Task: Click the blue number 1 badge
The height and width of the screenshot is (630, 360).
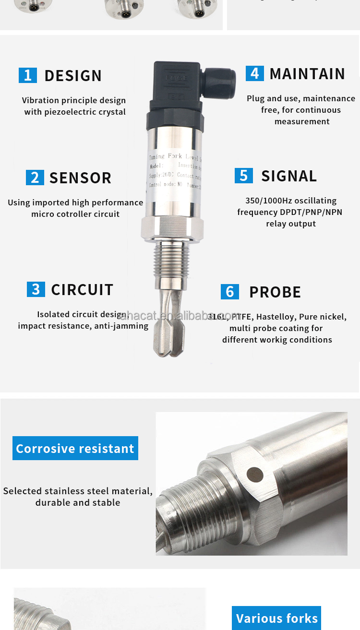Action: click(x=27, y=75)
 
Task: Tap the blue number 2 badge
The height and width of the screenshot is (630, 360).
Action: click(x=35, y=178)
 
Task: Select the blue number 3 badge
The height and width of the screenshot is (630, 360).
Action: click(x=36, y=289)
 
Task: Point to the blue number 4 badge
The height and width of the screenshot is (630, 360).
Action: click(x=255, y=73)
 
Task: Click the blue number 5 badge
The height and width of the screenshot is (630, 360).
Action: click(x=244, y=176)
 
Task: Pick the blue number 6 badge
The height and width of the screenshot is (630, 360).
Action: click(x=230, y=292)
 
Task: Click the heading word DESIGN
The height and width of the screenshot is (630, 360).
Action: click(x=73, y=76)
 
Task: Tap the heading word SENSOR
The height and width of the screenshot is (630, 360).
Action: click(x=80, y=178)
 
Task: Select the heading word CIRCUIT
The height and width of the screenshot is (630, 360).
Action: click(x=82, y=290)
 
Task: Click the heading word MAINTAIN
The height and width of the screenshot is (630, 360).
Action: click(x=307, y=74)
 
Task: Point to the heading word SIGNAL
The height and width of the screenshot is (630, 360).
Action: click(x=289, y=176)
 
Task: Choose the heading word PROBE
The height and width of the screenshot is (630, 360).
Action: click(x=275, y=292)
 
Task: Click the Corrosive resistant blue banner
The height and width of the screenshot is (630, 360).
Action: click(x=75, y=448)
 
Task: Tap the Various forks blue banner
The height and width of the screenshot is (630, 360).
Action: click(x=277, y=618)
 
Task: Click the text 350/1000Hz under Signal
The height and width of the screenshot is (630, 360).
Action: click(x=266, y=201)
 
